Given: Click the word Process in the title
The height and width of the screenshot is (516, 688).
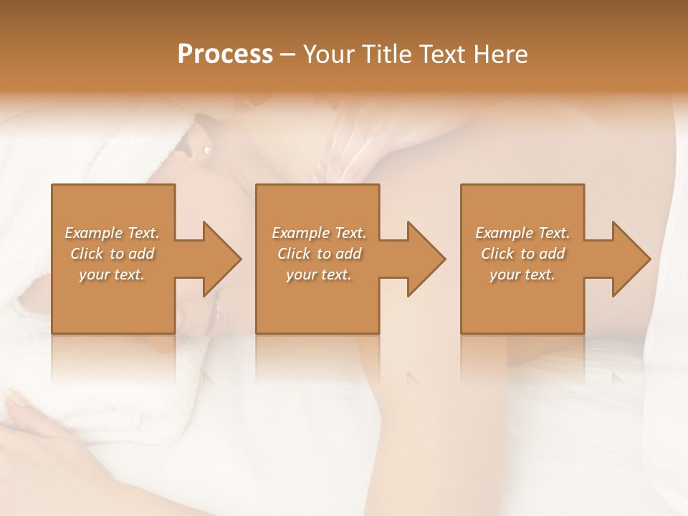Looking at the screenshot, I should pyautogui.click(x=225, y=54).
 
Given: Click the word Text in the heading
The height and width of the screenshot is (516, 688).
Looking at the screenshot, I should pyautogui.click(x=441, y=54).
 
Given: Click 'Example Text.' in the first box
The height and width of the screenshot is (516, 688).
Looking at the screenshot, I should pyautogui.click(x=112, y=233).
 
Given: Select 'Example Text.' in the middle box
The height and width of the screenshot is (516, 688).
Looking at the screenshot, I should pyautogui.click(x=319, y=233).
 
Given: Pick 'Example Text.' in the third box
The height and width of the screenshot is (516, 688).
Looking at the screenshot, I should pyautogui.click(x=522, y=233).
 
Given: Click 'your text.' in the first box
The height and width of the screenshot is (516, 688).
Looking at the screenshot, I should pyautogui.click(x=112, y=274).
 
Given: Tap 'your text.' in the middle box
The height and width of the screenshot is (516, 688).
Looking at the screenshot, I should pyautogui.click(x=319, y=274).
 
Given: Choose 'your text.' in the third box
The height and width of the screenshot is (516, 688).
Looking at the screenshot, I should pyautogui.click(x=522, y=274).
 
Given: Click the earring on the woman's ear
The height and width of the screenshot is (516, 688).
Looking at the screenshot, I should pyautogui.click(x=207, y=150).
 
